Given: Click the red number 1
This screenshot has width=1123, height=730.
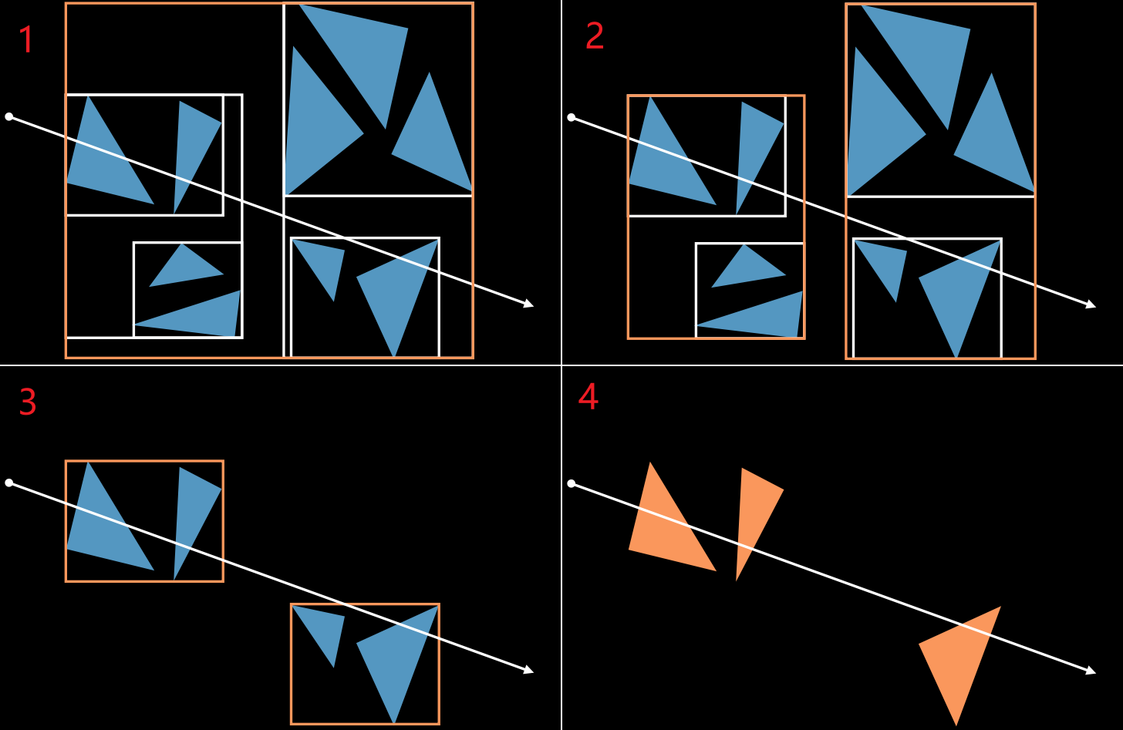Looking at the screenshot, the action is (26, 39).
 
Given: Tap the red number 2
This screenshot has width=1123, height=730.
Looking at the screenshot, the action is (595, 36).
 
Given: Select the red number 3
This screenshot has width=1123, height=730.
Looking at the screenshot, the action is (28, 402).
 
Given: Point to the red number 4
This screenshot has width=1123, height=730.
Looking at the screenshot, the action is (588, 397).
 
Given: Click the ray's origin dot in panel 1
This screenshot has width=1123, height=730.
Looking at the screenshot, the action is (9, 116).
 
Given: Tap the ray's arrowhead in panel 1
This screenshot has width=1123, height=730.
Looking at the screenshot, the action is (528, 304).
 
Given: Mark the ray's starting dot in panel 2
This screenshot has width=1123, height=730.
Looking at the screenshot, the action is (572, 118).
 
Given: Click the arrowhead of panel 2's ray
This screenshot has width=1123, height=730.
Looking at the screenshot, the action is (1091, 304).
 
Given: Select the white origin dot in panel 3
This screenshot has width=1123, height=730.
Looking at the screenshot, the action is (9, 483).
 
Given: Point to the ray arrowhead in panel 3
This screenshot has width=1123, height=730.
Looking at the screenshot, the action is (528, 670).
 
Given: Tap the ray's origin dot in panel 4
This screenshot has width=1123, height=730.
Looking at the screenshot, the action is (572, 483).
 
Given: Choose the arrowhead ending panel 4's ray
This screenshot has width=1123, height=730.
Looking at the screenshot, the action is (1091, 671).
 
